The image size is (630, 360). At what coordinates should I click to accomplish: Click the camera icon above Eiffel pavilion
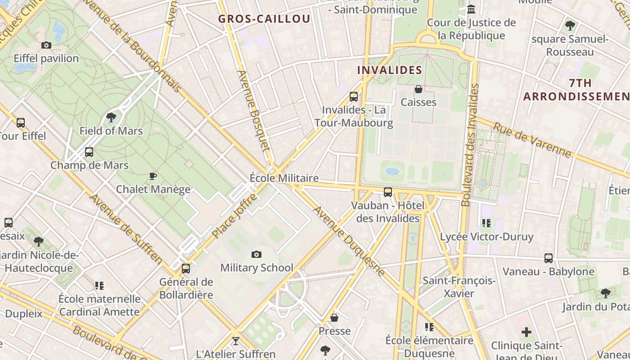pos(46,45)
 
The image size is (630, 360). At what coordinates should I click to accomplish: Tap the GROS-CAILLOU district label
pos(264,19)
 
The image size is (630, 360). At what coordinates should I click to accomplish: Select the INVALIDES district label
pos(390,70)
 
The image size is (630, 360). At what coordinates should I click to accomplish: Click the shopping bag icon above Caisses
pos(418,89)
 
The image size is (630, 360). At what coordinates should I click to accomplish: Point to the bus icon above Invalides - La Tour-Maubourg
pos(354,96)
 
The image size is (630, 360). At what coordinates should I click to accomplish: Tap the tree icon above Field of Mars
pos(111,118)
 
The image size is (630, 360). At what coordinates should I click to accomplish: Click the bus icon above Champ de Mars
pos(89,152)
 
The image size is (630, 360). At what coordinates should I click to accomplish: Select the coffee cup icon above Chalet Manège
pos(153,176)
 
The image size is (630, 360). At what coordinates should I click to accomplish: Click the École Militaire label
pos(284,178)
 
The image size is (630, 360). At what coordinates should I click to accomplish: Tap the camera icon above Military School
pos(256,255)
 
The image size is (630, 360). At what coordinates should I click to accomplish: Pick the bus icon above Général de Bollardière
pos(186,269)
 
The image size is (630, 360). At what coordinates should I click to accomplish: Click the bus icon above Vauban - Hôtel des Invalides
pos(388,193)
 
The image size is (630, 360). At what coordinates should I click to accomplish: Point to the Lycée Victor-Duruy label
pos(486,237)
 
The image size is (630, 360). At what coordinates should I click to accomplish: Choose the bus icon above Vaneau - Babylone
pos(549,258)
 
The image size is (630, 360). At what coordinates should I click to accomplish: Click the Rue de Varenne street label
pos(532,140)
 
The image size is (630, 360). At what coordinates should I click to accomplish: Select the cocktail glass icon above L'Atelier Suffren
pos(235,341)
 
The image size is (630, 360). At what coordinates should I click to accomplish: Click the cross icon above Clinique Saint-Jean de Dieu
pos(526,333)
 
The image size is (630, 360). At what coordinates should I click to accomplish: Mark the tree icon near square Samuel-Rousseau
pos(570,26)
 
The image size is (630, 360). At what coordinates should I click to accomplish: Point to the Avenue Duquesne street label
pos(349,241)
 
